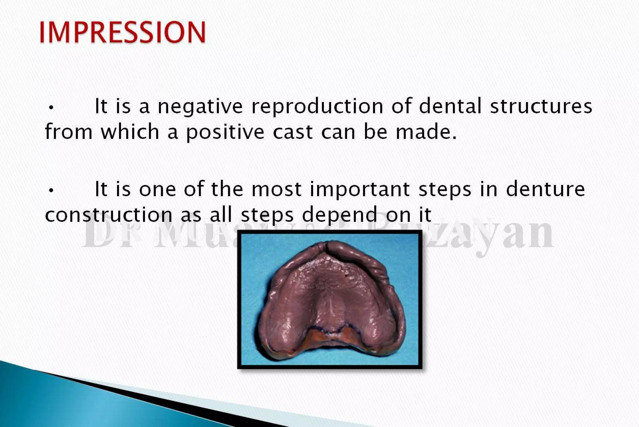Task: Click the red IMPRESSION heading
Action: (122, 32)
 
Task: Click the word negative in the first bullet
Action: (200, 106)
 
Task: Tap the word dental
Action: (450, 106)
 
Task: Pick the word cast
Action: (293, 132)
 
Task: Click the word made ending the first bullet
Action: (426, 132)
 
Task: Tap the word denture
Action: (545, 189)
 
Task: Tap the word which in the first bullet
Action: (130, 132)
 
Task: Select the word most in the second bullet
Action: (276, 189)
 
